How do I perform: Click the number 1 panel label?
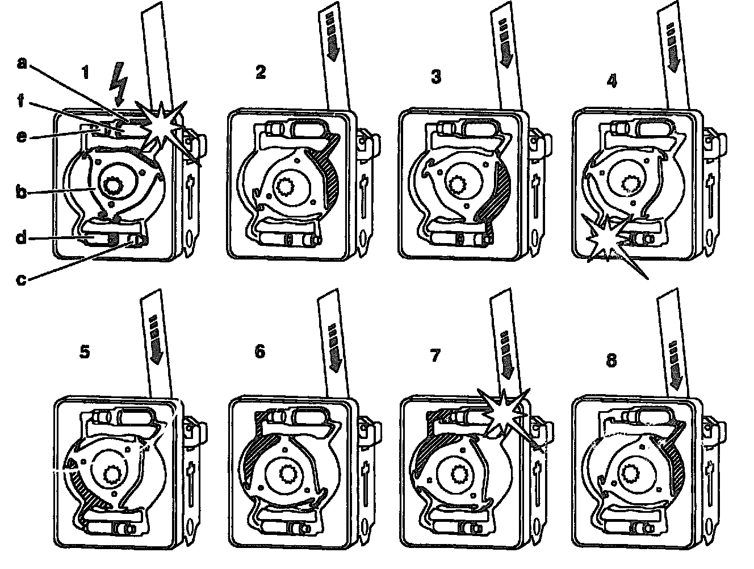(x=85, y=73)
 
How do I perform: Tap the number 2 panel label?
(x=261, y=73)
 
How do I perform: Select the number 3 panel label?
(x=435, y=77)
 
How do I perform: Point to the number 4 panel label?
(x=611, y=81)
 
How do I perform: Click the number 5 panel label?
(x=84, y=352)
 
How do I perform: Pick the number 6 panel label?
(x=259, y=352)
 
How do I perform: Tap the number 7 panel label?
(x=435, y=355)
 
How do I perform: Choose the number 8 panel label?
(x=611, y=360)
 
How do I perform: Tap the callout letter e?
(x=21, y=137)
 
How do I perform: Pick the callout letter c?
(x=21, y=279)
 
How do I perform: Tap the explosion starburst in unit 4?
(x=606, y=239)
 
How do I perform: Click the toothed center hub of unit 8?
(x=629, y=471)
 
